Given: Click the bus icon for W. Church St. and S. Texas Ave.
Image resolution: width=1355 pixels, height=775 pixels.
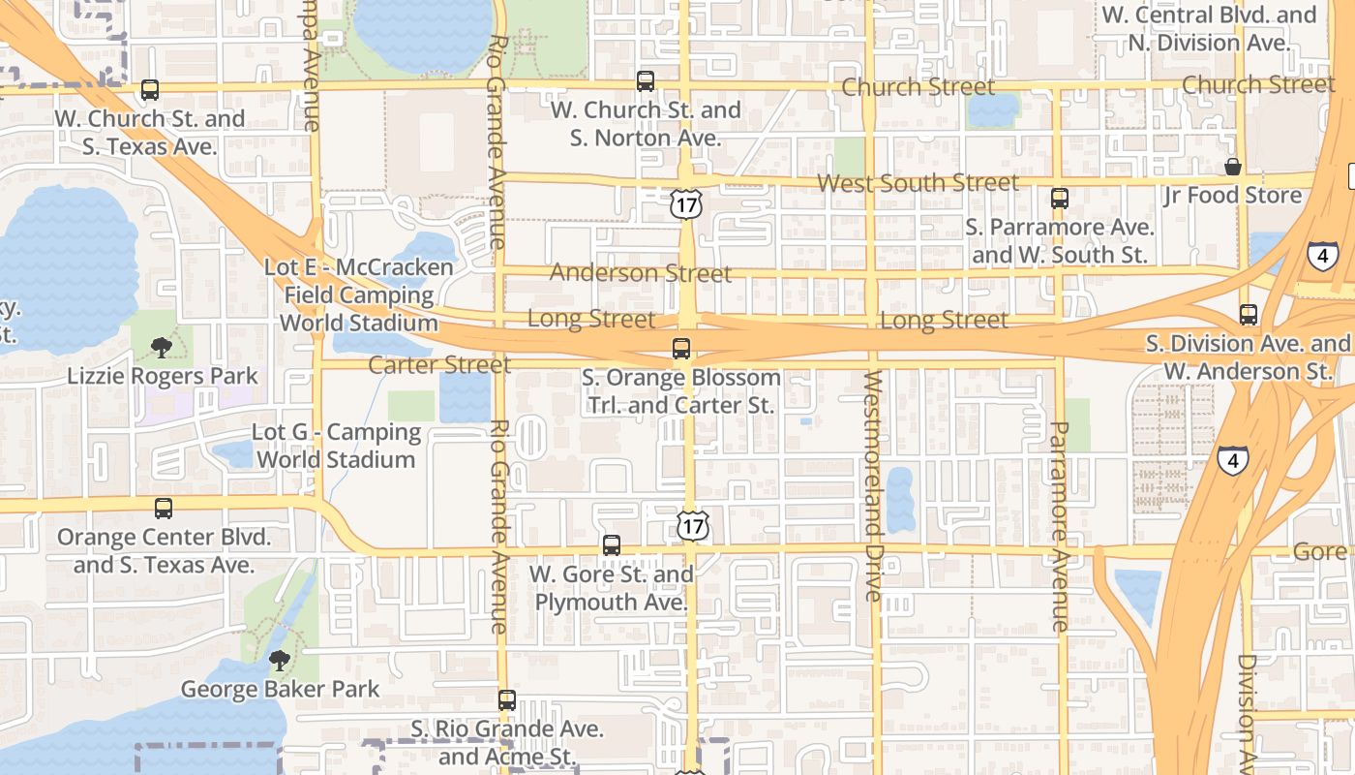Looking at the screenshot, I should click(x=150, y=90).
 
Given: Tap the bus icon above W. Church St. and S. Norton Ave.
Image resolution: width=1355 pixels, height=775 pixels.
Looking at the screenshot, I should click(x=646, y=81).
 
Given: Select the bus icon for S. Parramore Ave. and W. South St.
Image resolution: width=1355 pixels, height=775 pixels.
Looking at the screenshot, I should click(x=1060, y=199).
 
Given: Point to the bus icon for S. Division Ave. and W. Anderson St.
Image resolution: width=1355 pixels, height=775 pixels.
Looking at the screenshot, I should click(x=1249, y=315).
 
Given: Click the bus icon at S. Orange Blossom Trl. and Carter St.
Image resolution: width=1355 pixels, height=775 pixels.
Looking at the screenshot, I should click(x=681, y=349).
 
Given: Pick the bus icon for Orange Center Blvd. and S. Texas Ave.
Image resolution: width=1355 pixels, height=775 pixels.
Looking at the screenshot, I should click(x=164, y=509).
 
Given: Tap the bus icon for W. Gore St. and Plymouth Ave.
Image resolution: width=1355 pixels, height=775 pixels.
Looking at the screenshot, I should click(x=612, y=545).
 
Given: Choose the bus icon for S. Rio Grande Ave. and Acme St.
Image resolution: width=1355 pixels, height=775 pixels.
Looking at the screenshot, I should click(x=507, y=700).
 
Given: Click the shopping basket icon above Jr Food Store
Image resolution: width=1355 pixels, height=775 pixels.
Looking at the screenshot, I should click(x=1233, y=167).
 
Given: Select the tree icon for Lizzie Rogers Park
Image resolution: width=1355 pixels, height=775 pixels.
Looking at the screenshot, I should click(x=162, y=347).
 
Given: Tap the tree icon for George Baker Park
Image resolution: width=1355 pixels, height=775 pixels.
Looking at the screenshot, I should click(x=280, y=661).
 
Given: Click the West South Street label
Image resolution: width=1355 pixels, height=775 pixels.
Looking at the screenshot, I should click(x=918, y=182).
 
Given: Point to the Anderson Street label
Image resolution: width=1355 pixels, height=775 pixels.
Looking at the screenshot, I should click(x=641, y=273).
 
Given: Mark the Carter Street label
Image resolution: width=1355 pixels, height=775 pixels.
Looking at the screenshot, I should click(x=439, y=365).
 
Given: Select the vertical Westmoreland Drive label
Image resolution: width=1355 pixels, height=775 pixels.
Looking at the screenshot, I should click(x=873, y=484).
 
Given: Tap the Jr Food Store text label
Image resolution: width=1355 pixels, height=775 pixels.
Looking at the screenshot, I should click(x=1232, y=196).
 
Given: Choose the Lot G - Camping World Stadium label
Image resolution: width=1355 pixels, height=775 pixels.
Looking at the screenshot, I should click(x=336, y=446).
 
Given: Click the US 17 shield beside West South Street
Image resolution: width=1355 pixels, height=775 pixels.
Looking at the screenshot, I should click(x=685, y=203).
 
